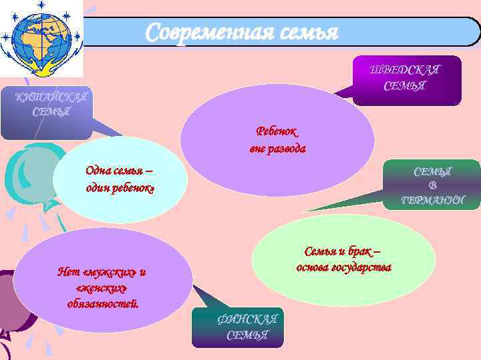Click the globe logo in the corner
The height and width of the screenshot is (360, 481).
[x=41, y=39]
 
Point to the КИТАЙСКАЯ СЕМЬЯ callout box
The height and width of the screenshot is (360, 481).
[x=46, y=110]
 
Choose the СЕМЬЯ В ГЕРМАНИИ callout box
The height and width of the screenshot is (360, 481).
[x=432, y=185]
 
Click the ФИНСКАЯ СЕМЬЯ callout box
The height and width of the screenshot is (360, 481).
[x=238, y=327]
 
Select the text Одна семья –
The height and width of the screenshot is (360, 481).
[x=119, y=170]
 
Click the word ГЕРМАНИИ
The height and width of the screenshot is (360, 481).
[x=432, y=200]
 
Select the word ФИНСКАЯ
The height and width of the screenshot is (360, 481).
[x=247, y=319]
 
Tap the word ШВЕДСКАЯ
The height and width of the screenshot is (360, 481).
[x=406, y=70]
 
